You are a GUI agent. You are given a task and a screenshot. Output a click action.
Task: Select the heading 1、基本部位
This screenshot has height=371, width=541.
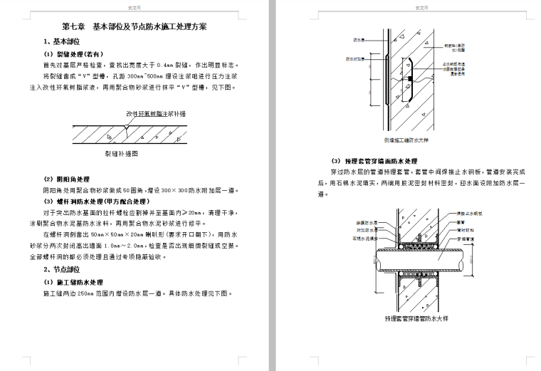click(x=63, y=41)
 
